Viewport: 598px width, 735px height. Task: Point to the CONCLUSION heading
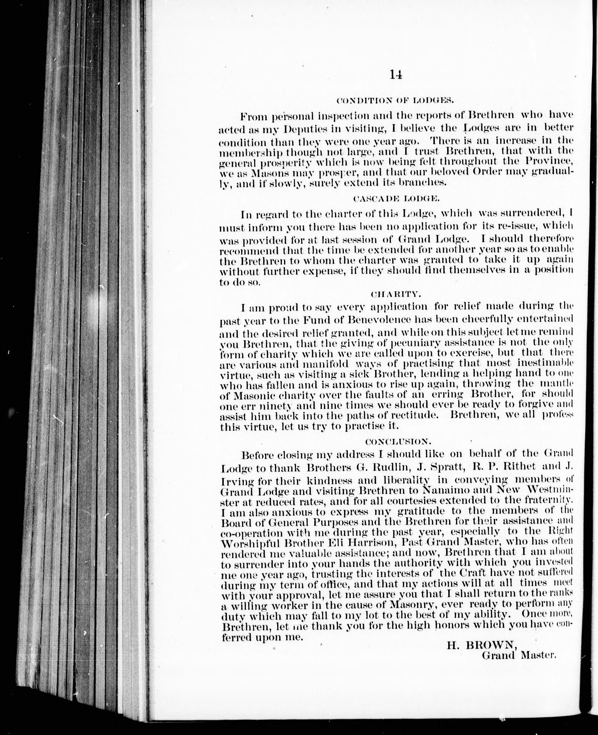point(396,441)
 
